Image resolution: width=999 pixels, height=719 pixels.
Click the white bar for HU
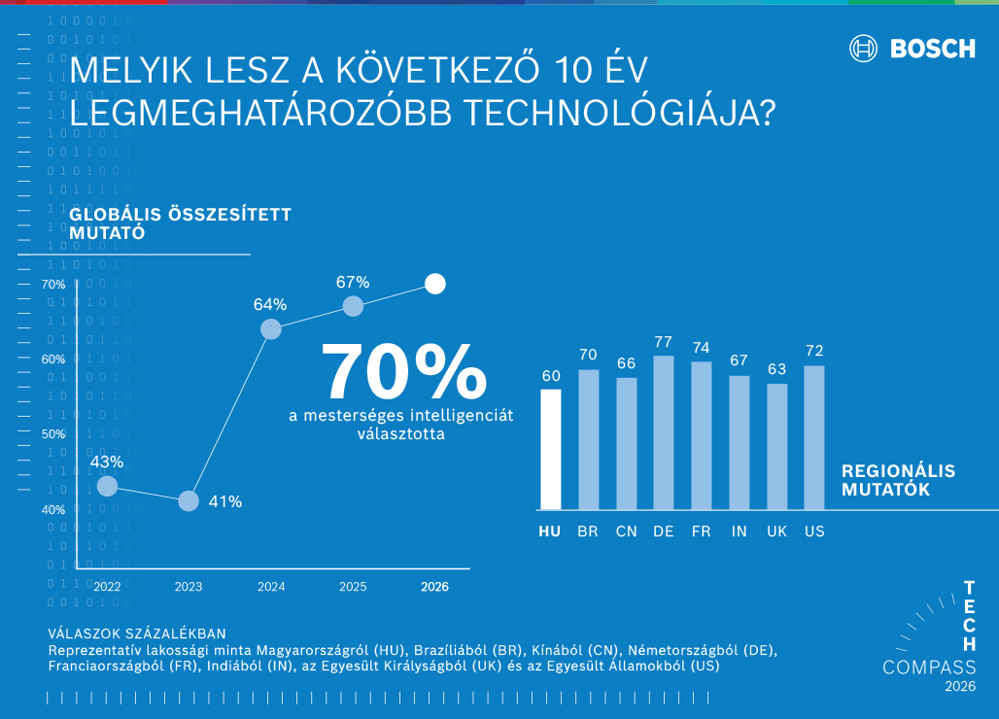(x=550, y=450)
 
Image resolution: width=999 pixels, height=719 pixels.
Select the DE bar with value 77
(x=663, y=432)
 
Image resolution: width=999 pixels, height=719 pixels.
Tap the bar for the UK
(x=776, y=446)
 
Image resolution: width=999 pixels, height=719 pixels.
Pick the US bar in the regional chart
(x=814, y=437)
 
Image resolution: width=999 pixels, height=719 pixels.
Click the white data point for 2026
(x=435, y=284)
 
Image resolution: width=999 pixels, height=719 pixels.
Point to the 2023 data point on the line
(x=189, y=501)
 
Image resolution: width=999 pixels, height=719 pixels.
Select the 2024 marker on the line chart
(x=271, y=329)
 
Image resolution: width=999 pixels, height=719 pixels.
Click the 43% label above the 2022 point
(x=106, y=462)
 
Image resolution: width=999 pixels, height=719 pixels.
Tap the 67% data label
(x=353, y=282)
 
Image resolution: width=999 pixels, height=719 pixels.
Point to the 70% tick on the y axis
(x=53, y=284)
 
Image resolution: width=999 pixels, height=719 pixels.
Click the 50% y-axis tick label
(x=53, y=434)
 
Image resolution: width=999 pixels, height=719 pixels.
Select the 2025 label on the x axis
(x=353, y=587)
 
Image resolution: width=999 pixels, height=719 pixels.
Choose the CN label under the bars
(x=626, y=531)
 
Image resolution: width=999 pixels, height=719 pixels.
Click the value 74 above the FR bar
(x=701, y=347)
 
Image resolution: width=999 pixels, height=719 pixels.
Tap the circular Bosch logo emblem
(x=863, y=49)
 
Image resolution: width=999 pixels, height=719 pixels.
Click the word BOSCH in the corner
(x=933, y=49)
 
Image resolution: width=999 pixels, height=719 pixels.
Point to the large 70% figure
(x=404, y=371)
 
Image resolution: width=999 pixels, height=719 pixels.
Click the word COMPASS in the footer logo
(x=929, y=668)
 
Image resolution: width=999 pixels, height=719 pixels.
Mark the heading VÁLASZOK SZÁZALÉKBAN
(x=137, y=633)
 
